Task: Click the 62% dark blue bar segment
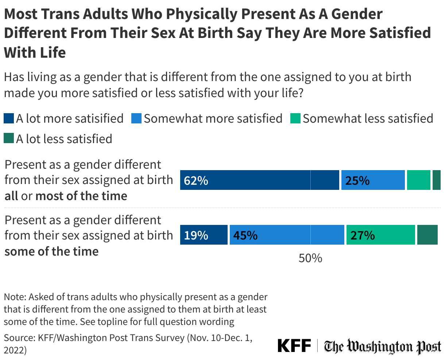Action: [x=260, y=180]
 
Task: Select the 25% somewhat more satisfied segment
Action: [x=373, y=180]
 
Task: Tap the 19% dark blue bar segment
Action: [x=204, y=235]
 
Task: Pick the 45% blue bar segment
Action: [x=287, y=235]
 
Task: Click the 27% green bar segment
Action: [x=380, y=235]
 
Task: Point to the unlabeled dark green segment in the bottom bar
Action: [x=427, y=235]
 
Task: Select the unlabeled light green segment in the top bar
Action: [x=419, y=180]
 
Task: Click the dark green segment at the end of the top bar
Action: [x=437, y=180]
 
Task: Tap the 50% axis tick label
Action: [x=310, y=258]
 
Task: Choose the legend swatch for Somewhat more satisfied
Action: [x=136, y=119]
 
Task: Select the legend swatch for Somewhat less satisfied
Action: [x=295, y=119]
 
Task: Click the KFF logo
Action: [x=294, y=345]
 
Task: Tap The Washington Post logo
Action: [x=383, y=346]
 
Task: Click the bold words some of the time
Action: [x=51, y=251]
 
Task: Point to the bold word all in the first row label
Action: [x=11, y=196]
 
